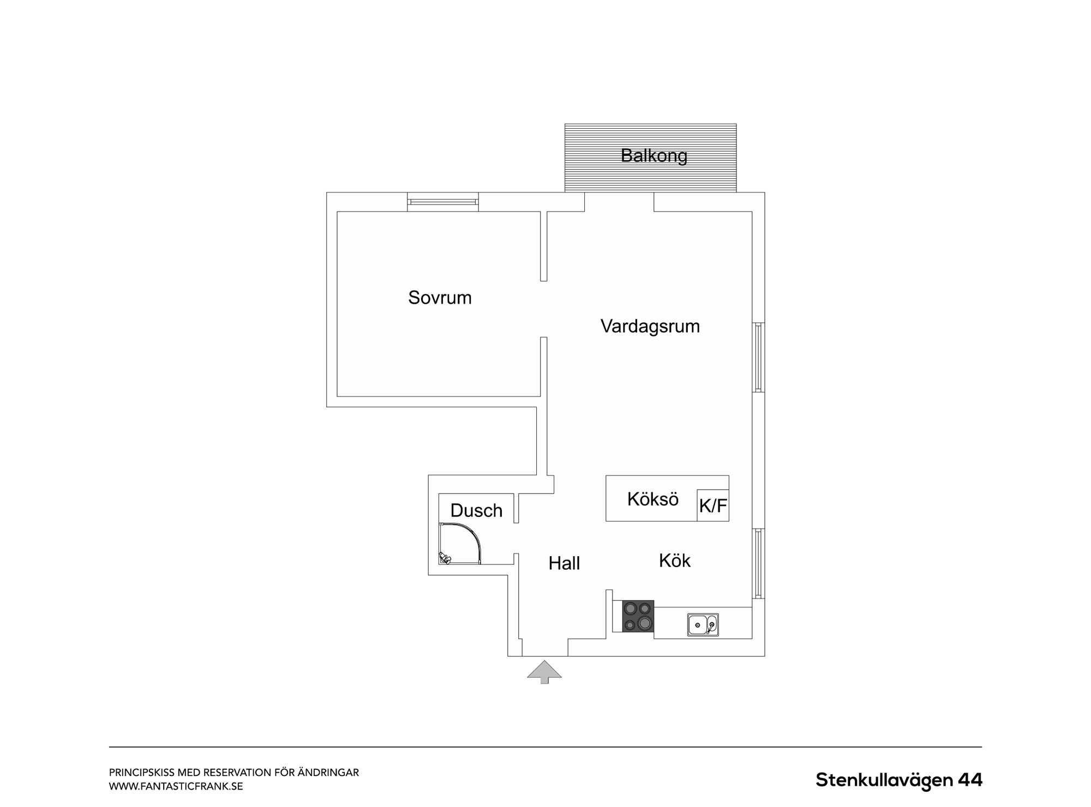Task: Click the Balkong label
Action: (654, 156)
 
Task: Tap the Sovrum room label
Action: (440, 298)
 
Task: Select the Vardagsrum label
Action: (650, 326)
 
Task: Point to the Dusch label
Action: (476, 510)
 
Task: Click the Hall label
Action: (564, 563)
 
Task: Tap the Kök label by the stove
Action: (675, 561)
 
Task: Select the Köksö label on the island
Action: (652, 499)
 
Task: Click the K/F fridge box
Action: (713, 505)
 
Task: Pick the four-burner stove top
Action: (638, 616)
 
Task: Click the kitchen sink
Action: (703, 625)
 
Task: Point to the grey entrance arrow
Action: (544, 672)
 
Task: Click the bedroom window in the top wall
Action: (443, 202)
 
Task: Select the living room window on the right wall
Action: (759, 357)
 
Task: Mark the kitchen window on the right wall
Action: (759, 563)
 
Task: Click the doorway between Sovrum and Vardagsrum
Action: (543, 309)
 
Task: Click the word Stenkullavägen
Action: (884, 780)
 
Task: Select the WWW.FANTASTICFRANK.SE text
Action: (176, 787)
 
